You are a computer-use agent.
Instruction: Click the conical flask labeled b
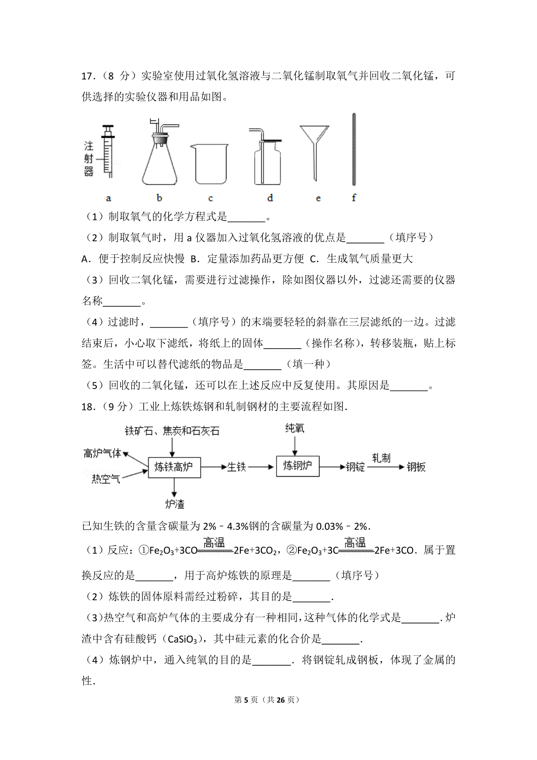[160, 157]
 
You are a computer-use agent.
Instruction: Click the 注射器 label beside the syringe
[89, 158]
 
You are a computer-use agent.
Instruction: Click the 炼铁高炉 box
[174, 467]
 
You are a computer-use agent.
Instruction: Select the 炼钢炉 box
[298, 466]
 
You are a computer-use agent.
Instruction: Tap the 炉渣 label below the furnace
[175, 504]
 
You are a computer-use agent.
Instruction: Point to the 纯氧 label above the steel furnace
[295, 428]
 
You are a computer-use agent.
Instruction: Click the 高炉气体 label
[102, 453]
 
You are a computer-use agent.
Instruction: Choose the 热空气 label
[106, 479]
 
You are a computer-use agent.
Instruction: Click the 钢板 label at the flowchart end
[416, 467]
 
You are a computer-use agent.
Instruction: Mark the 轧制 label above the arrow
[381, 457]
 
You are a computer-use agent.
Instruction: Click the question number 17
[87, 76]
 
